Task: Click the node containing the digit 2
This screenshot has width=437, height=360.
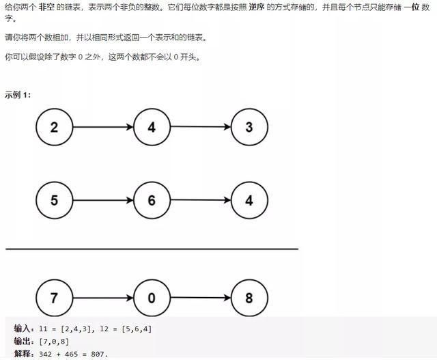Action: click(x=54, y=127)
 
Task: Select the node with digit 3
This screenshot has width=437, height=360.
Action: click(x=249, y=127)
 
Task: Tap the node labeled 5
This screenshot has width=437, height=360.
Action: click(x=54, y=200)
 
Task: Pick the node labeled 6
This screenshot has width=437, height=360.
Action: click(x=152, y=200)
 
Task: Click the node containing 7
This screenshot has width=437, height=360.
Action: click(x=54, y=298)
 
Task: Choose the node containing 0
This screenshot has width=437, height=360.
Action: click(x=152, y=298)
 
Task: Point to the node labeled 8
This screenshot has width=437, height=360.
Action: click(x=249, y=298)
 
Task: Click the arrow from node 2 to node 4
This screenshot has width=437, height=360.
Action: click(x=102, y=127)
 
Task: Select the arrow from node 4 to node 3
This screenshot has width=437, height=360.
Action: click(x=200, y=127)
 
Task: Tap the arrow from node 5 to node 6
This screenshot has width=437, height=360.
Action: click(x=102, y=200)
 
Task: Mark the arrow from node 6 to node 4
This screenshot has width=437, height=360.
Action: click(x=200, y=200)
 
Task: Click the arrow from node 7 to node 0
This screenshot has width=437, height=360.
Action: click(x=102, y=298)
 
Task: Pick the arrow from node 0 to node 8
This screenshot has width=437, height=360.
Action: click(x=200, y=298)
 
